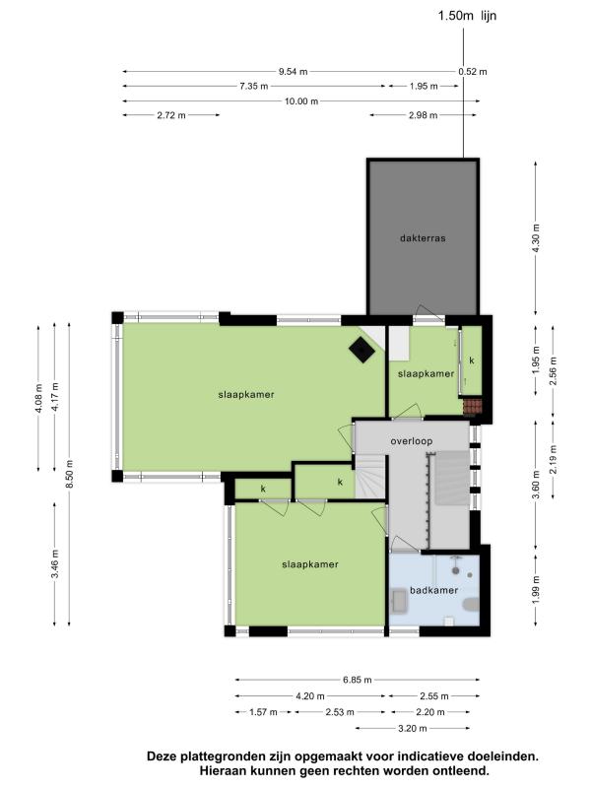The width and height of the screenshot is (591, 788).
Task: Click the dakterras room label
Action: [x=423, y=238]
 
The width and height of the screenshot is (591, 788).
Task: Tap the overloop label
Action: [x=412, y=441]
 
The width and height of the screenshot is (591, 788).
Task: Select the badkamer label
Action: [x=433, y=590]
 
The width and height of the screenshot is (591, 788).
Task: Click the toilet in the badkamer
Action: [x=472, y=604]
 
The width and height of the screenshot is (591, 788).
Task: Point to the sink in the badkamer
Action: [x=400, y=601]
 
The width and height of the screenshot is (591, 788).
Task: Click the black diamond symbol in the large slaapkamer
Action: [x=361, y=349]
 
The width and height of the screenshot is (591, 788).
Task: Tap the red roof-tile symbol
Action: [x=473, y=406]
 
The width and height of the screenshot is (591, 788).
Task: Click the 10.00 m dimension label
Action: [x=301, y=101]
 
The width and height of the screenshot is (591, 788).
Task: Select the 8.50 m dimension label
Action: [x=70, y=474]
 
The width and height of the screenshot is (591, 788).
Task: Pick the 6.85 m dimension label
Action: [x=358, y=680]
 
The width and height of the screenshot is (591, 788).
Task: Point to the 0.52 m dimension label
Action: [x=473, y=72]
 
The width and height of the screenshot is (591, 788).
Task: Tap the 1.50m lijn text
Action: [x=467, y=16]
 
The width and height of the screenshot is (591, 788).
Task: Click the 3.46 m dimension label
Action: [x=55, y=563]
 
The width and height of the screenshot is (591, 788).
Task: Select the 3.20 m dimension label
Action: [x=413, y=728]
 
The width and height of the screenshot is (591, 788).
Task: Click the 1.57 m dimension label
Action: [x=263, y=712]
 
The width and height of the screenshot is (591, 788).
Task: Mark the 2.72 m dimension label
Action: [x=171, y=115]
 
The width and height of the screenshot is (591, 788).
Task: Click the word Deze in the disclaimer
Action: [x=161, y=756]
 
